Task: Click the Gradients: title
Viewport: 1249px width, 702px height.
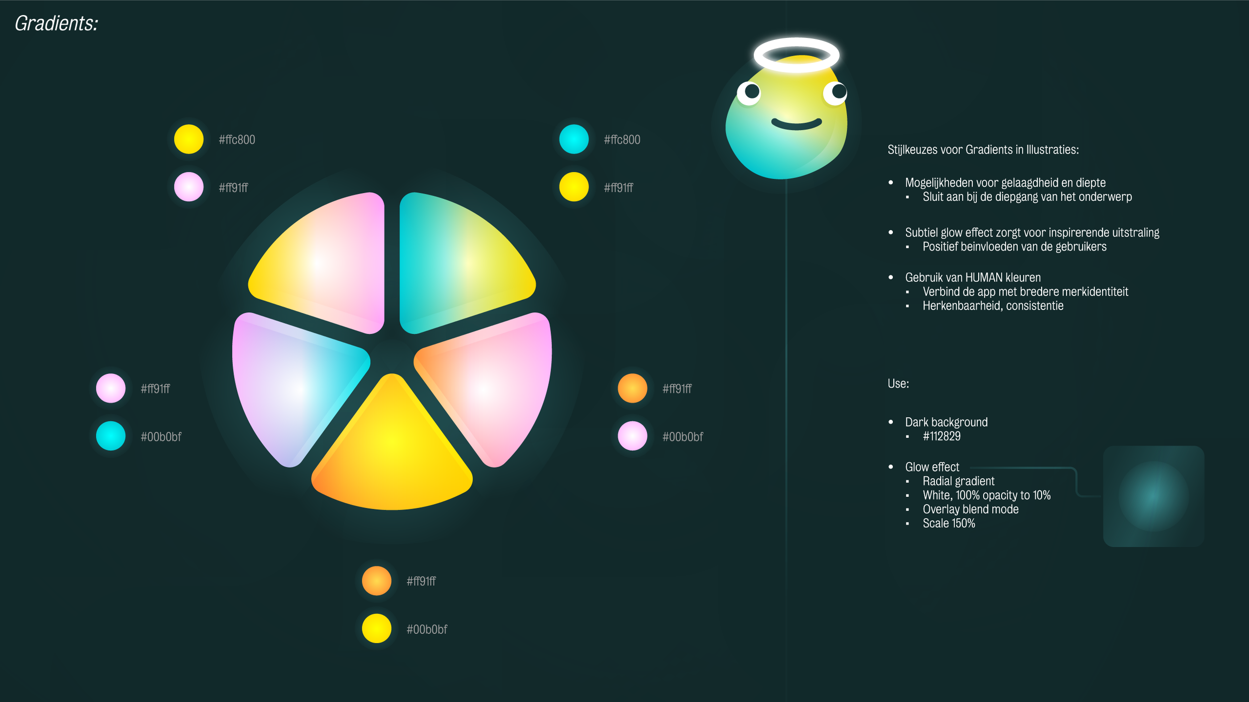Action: [56, 23]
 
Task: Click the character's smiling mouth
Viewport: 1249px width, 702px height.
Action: [796, 124]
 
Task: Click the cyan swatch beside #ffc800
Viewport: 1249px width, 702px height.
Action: [574, 139]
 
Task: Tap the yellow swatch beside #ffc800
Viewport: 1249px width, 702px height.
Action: [188, 139]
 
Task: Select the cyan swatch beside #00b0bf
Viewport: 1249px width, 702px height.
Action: [110, 436]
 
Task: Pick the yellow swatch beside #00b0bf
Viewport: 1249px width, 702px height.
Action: [376, 629]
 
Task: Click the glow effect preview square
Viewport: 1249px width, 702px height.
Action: [1153, 496]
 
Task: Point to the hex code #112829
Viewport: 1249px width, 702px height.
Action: [941, 436]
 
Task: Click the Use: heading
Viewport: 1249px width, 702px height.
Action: [898, 383]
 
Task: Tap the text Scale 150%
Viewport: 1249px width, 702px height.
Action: [948, 523]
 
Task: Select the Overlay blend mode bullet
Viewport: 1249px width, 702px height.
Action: [970, 509]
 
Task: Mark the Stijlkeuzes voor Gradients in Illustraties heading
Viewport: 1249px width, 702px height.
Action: [983, 150]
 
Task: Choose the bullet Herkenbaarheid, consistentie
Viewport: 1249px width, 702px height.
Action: [993, 306]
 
